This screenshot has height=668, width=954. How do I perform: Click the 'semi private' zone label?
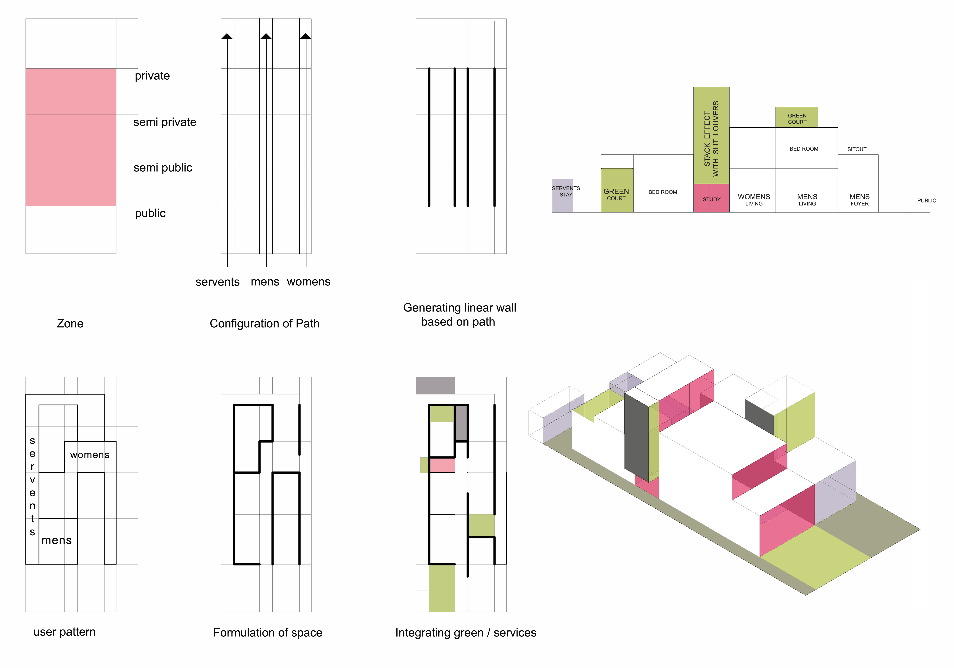pyautogui.click(x=164, y=122)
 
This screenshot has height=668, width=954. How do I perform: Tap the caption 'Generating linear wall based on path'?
pyautogui.click(x=460, y=314)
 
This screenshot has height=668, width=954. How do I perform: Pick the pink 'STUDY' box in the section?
pyautogui.click(x=711, y=198)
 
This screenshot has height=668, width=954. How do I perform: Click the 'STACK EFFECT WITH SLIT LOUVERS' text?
pyautogui.click(x=711, y=138)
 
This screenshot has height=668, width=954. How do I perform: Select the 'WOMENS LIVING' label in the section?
pyautogui.click(x=754, y=199)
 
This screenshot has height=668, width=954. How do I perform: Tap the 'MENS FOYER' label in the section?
pyautogui.click(x=859, y=199)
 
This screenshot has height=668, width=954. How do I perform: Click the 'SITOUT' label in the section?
pyautogui.click(x=857, y=149)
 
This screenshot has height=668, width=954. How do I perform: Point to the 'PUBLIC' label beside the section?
pyautogui.click(x=927, y=201)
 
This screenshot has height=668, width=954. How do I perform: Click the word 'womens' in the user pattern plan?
pyautogui.click(x=90, y=455)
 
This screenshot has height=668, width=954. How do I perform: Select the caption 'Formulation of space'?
pyautogui.click(x=268, y=632)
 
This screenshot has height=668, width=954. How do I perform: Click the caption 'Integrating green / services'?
pyautogui.click(x=466, y=632)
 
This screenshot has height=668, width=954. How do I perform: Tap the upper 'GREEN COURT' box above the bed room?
pyautogui.click(x=797, y=117)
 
